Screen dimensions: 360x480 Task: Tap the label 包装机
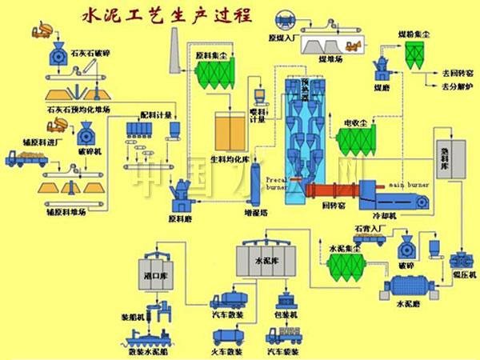coord(286,315)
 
